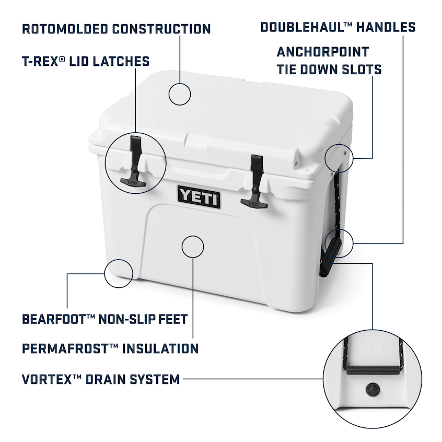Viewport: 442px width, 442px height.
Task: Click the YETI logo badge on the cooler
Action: [x=199, y=197]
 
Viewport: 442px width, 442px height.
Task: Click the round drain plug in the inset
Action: [x=373, y=390]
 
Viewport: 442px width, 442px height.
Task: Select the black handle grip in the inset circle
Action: [x=373, y=369]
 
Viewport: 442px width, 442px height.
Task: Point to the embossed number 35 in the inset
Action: [x=373, y=346]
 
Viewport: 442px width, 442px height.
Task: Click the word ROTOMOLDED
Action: [x=65, y=29]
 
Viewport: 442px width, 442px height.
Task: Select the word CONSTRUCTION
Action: [x=161, y=29]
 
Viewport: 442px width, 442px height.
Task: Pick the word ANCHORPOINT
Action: [x=323, y=52]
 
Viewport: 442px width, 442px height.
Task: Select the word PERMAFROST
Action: [x=65, y=348]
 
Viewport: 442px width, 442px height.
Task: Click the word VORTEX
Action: [x=48, y=379]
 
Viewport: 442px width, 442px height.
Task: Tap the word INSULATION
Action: [x=160, y=348]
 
